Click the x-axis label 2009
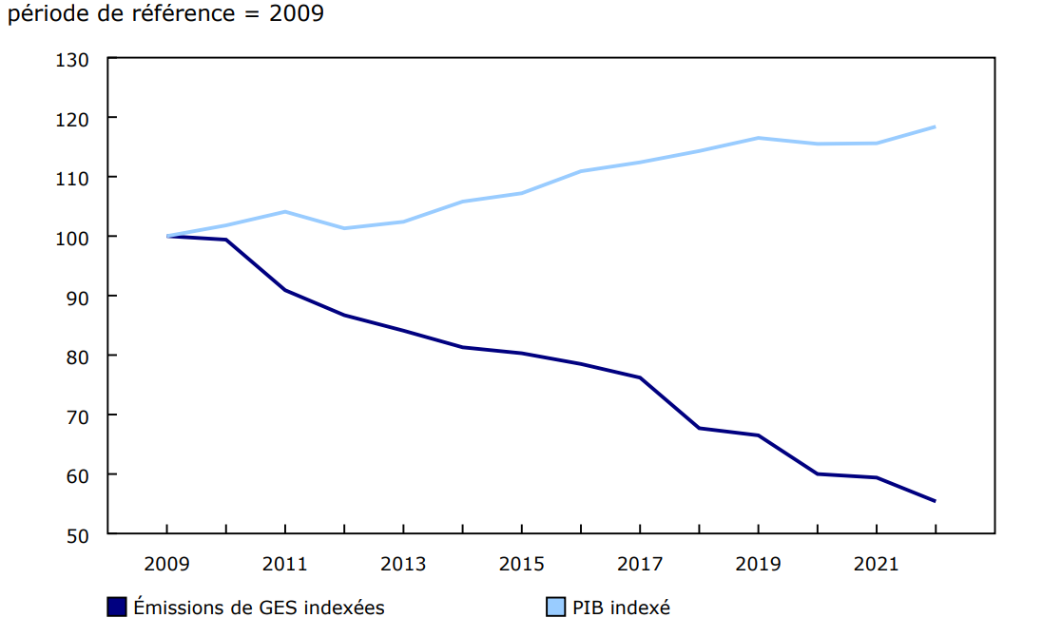(166, 564)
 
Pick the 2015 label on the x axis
(521, 564)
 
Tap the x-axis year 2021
(876, 564)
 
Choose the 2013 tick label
(403, 564)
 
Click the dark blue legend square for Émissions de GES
(117, 607)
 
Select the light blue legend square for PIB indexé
(556, 607)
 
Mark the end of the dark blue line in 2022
(935, 501)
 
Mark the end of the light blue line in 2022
(935, 126)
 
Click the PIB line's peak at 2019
(758, 138)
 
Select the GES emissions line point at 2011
(285, 290)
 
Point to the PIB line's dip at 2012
(344, 228)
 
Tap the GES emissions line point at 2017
(640, 377)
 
